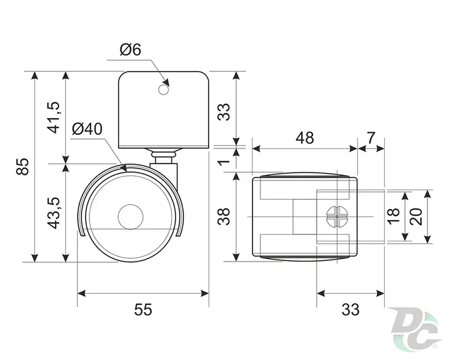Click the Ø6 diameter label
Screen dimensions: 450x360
[x=131, y=50]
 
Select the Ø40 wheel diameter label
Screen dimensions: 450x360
[x=87, y=129]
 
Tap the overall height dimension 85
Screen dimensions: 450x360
[x=23, y=166]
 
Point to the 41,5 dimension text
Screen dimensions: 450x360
[x=54, y=117]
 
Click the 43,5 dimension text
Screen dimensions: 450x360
[x=54, y=213]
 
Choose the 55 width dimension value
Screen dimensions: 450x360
[x=143, y=310]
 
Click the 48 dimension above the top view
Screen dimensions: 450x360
[x=305, y=138]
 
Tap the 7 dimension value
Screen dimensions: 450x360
[x=371, y=138]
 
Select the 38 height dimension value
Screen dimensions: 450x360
[x=224, y=216]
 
